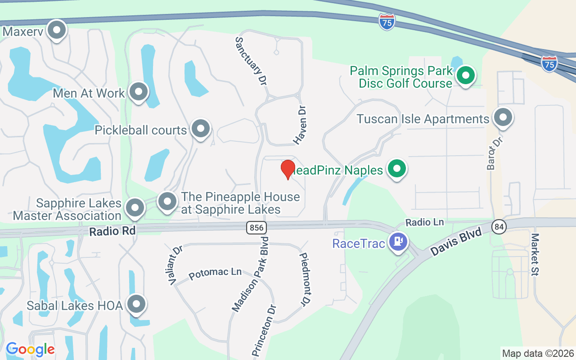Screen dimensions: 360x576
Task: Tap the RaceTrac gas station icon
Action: (x=398, y=242)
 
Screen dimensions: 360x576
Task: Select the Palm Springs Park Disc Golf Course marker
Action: (x=466, y=75)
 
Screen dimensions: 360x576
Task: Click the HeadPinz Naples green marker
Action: (x=397, y=169)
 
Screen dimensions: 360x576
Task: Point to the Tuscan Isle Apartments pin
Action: (x=503, y=117)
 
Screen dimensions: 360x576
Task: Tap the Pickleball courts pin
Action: (x=201, y=129)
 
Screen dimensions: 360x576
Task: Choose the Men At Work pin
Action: (x=139, y=92)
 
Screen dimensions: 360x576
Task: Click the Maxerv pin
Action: (x=57, y=31)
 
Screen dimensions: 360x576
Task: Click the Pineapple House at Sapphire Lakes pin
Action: (x=167, y=201)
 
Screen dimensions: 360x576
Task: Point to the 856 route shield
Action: (x=256, y=228)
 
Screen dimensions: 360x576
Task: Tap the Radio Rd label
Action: (x=112, y=231)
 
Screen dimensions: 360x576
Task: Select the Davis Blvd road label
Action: (x=456, y=242)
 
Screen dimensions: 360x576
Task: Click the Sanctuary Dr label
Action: (x=251, y=61)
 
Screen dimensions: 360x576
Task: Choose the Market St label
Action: (x=535, y=254)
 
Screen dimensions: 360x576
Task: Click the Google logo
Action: (x=30, y=349)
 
